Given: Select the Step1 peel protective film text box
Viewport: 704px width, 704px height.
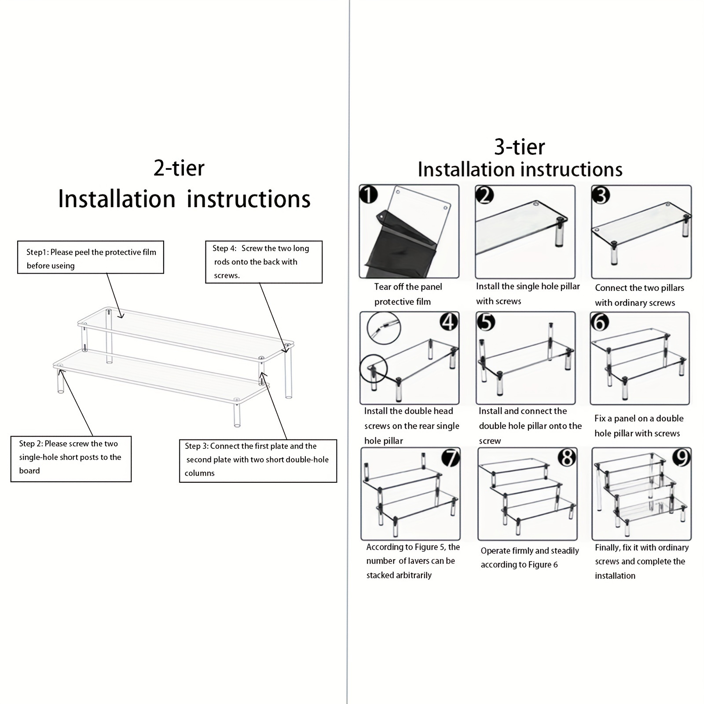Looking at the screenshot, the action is coord(91,257).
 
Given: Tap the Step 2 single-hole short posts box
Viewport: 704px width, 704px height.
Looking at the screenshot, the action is coord(71,459).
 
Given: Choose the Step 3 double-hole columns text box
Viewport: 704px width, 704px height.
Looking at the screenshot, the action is coord(258,461).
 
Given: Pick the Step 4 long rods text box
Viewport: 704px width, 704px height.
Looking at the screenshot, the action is coord(264,262).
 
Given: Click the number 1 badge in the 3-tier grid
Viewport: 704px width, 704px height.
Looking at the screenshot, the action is coord(369,194).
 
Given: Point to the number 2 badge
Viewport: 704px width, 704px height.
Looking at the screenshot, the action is coord(485,194).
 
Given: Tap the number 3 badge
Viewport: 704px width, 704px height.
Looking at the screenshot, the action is coord(601,194).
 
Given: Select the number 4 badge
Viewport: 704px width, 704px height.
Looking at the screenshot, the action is coord(449,322).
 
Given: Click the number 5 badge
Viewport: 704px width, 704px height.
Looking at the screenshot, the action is coord(486,322).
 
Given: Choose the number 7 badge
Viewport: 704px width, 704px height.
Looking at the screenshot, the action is coord(451,458).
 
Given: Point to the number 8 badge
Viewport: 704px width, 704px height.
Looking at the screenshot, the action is coord(567,458).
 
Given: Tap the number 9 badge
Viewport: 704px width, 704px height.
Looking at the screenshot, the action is coord(682,458).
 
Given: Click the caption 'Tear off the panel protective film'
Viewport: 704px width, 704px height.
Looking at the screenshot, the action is coord(408,294).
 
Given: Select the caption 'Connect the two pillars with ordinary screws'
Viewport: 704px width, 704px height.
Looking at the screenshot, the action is coord(640,295).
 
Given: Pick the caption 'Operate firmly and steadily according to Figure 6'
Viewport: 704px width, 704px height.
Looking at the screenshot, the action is coord(530,557).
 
